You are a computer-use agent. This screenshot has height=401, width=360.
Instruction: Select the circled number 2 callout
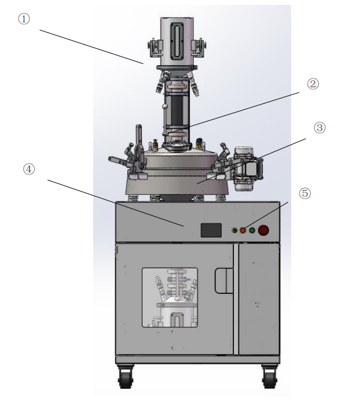coord(312,83)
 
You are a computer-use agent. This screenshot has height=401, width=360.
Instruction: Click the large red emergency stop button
coord(264,231)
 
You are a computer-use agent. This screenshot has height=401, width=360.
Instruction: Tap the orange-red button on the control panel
coord(242,231)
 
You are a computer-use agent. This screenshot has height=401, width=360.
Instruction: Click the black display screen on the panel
coord(211,230)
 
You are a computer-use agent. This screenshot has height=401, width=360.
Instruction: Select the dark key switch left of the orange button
coord(232,231)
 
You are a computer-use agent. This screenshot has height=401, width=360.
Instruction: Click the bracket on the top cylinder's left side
coord(153,47)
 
